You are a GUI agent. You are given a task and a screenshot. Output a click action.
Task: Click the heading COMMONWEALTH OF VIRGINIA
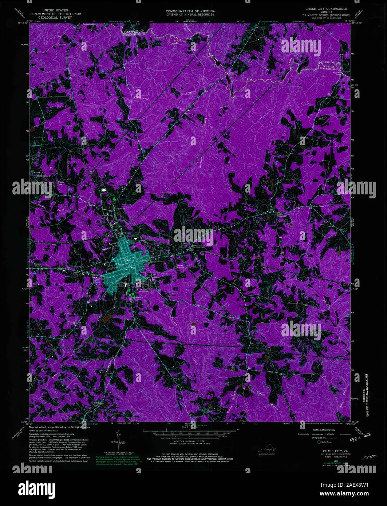(190, 12)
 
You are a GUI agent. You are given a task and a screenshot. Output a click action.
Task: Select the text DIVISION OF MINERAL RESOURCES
(190, 15)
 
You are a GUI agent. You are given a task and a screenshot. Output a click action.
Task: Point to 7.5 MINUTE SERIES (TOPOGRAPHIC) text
(323, 16)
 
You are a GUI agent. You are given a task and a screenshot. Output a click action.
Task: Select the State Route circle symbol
(319, 442)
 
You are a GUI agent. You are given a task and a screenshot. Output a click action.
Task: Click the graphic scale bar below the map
(190, 433)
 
